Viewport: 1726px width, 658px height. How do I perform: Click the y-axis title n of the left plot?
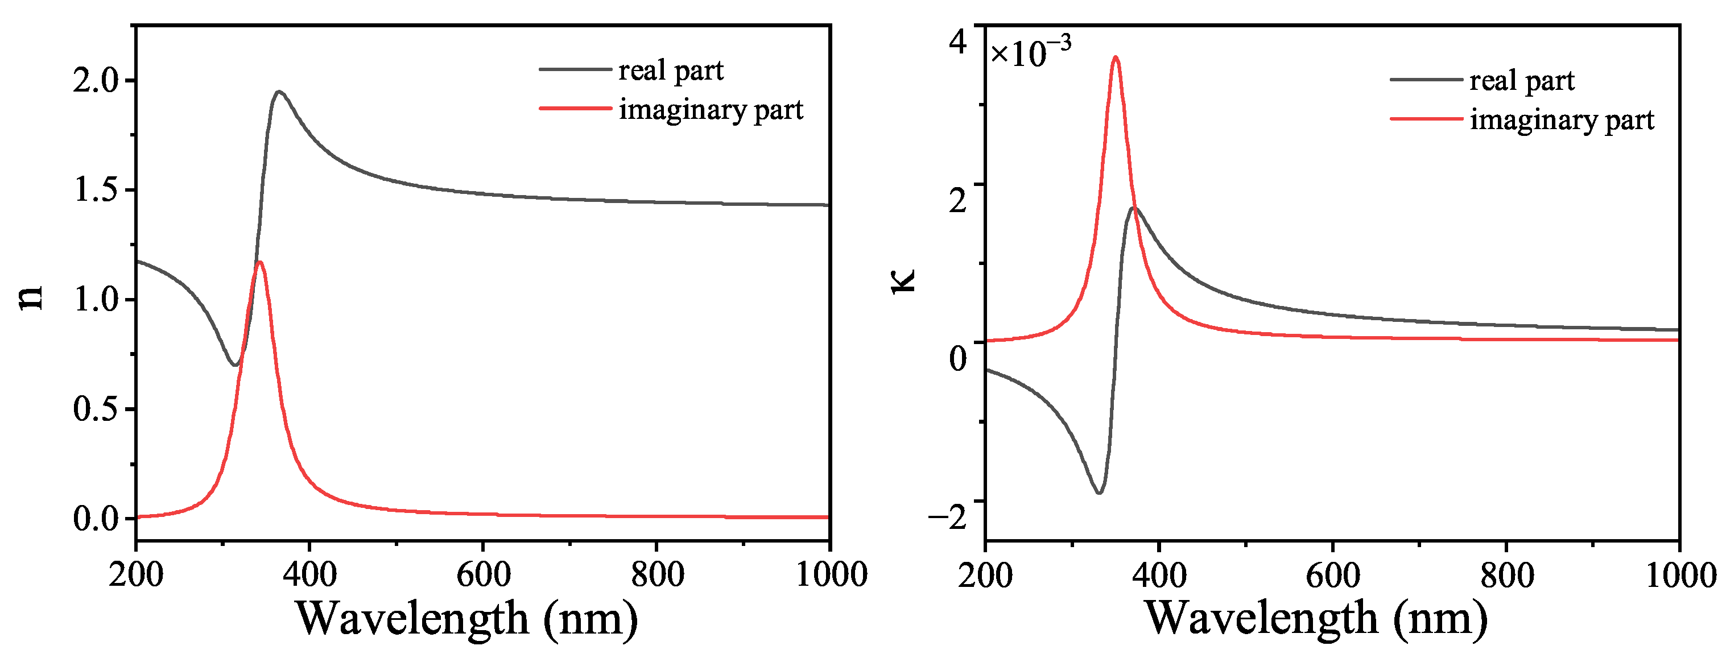coord(30,297)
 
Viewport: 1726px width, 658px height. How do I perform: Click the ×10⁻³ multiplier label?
coord(1030,52)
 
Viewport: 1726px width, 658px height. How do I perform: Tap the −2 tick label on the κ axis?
coord(947,516)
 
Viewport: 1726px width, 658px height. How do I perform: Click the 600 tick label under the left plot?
coord(483,575)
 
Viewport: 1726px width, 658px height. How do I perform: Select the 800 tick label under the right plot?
coord(1507,576)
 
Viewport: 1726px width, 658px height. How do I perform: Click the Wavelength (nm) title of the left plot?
coord(467,618)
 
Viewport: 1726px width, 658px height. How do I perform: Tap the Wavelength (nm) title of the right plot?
coord(1316,618)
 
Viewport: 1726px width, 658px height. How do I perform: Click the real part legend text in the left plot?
coord(671,70)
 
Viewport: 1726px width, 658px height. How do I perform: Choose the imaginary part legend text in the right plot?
coord(1562,120)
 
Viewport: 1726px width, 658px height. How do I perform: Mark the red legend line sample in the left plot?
coord(575,109)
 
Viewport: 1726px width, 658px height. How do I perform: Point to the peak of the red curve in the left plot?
coord(260,262)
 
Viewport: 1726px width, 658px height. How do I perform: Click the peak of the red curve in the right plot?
coord(1116,57)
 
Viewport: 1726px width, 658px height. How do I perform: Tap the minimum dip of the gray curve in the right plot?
coord(1099,493)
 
